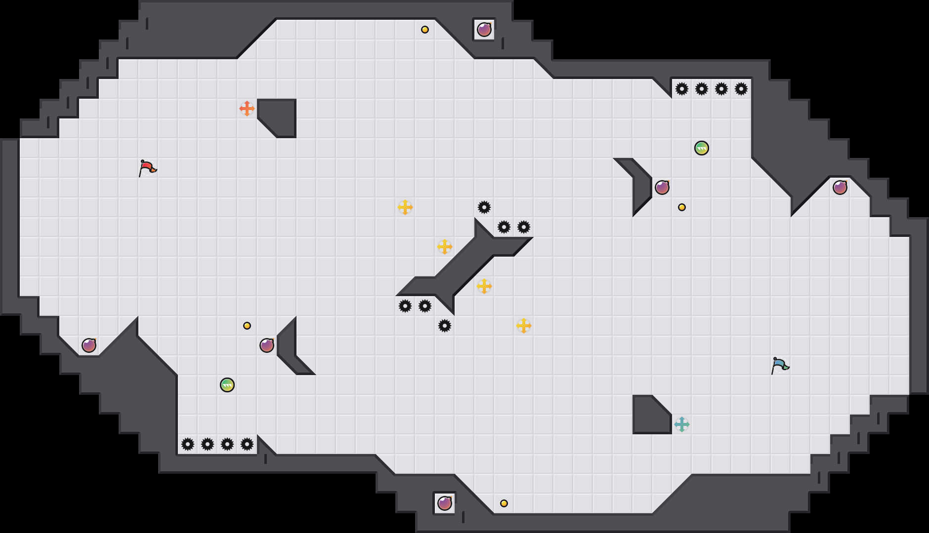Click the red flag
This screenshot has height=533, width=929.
(x=147, y=168)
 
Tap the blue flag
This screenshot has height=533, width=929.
(x=780, y=365)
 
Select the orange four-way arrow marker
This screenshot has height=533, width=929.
(x=247, y=109)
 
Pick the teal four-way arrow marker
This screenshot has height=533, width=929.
(x=682, y=424)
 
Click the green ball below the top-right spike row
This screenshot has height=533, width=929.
(x=702, y=148)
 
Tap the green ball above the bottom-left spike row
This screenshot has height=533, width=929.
(x=227, y=385)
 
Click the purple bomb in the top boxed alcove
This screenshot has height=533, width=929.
(x=484, y=30)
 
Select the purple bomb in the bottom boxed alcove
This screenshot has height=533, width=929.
(x=445, y=503)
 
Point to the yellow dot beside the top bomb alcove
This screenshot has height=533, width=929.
(x=425, y=30)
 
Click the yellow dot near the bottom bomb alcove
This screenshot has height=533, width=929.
(x=504, y=503)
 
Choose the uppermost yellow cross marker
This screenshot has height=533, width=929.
(x=405, y=207)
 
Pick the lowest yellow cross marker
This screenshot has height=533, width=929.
(x=524, y=326)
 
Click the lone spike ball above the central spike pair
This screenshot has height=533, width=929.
(x=484, y=207)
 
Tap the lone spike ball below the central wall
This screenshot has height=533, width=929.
(x=445, y=326)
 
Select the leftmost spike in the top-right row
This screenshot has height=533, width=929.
(x=682, y=89)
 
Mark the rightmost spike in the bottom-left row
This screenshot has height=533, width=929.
(x=247, y=444)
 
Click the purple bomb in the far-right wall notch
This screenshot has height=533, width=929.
(x=840, y=188)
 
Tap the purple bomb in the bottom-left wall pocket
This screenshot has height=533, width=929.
(x=89, y=345)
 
